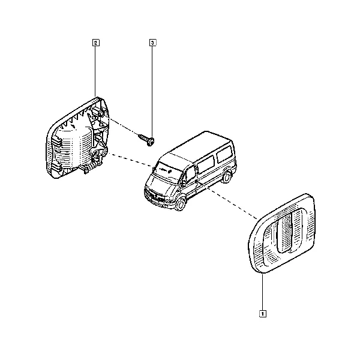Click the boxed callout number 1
coord(262,314)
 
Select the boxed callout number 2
coord(96,43)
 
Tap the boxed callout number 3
coord(152,43)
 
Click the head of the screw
coord(151,142)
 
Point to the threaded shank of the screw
coord(143,137)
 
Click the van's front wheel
coord(181,205)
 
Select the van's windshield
coord(166,170)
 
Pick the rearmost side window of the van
coord(224,154)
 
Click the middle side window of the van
coord(206,164)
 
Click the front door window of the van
coord(190,174)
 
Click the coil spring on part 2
coord(91,167)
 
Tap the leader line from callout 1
coord(262,292)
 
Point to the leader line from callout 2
coord(95,71)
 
